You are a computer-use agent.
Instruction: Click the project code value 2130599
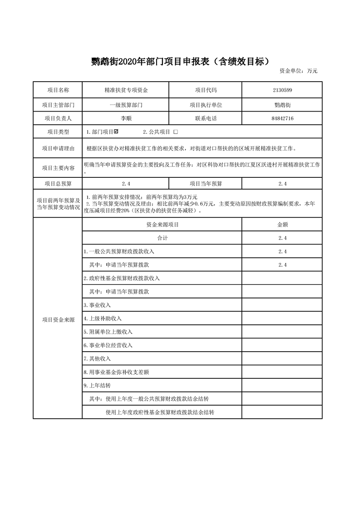pos(282,90)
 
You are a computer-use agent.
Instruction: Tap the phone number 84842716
pos(282,118)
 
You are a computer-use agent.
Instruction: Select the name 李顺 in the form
pos(126,118)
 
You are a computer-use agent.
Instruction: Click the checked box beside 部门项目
pos(117,132)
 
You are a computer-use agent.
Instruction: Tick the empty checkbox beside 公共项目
pos(176,132)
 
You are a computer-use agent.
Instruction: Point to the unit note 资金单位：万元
pos(298,71)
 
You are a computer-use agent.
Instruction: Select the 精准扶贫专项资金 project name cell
pos(126,90)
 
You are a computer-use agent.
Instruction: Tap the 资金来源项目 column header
pos(162,225)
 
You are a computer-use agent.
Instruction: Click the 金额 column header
pos(282,225)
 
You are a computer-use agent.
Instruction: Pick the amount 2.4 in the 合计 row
pos(282,238)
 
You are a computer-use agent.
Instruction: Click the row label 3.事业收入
pos(97,305)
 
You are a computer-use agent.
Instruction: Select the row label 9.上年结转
pos(97,385)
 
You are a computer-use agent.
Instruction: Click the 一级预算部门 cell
pos(126,105)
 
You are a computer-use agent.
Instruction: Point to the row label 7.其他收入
pos(97,358)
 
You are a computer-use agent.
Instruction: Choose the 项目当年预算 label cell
pos(206,184)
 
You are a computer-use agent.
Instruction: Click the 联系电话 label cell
pos(206,118)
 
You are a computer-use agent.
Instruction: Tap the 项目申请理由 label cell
pos(58,148)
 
